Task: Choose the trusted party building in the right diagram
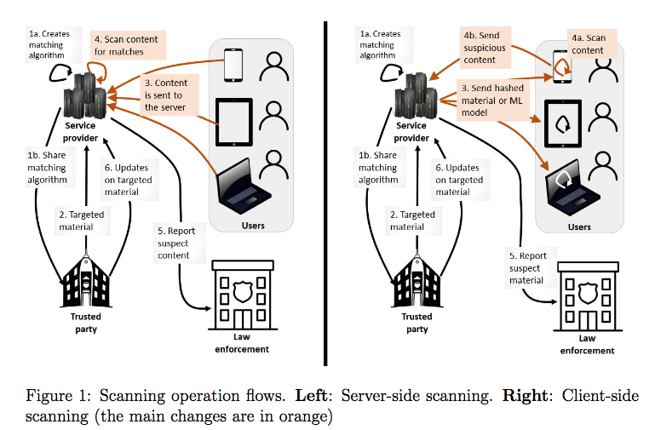[x=417, y=282]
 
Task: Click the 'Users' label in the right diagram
[x=579, y=227]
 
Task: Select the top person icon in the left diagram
[x=274, y=65]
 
